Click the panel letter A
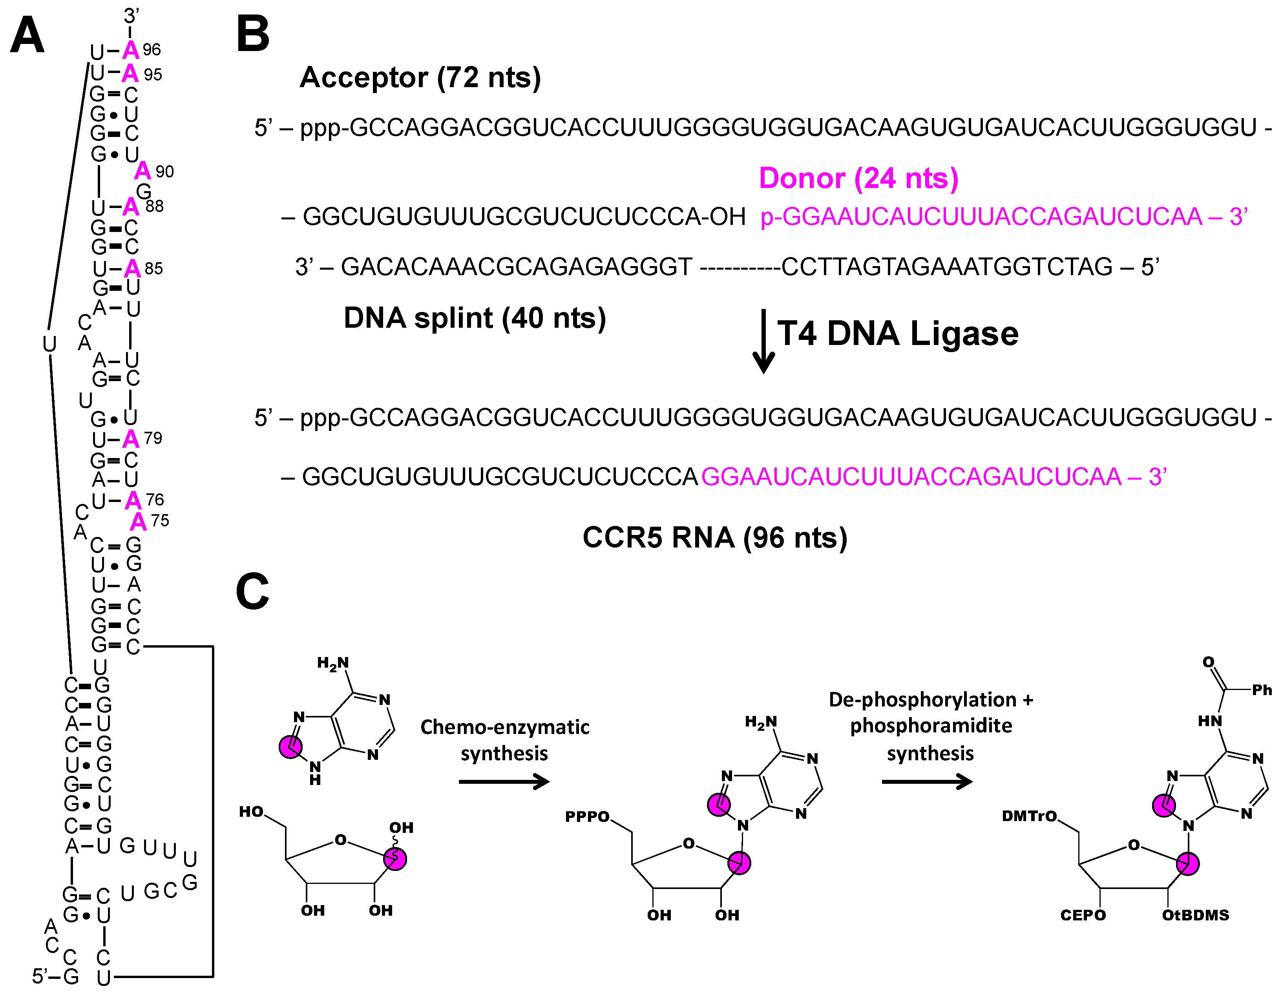pos(27,35)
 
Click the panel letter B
pos(252,34)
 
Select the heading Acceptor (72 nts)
pos(420,77)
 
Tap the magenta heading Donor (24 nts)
pos(858,178)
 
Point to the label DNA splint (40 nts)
pos(474,318)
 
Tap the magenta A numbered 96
pos(131,51)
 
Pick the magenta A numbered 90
pos(142,171)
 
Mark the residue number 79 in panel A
pos(153,438)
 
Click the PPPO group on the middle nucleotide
pos(587,817)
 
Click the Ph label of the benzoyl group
pos(1262,690)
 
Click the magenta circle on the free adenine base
pos(290,747)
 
